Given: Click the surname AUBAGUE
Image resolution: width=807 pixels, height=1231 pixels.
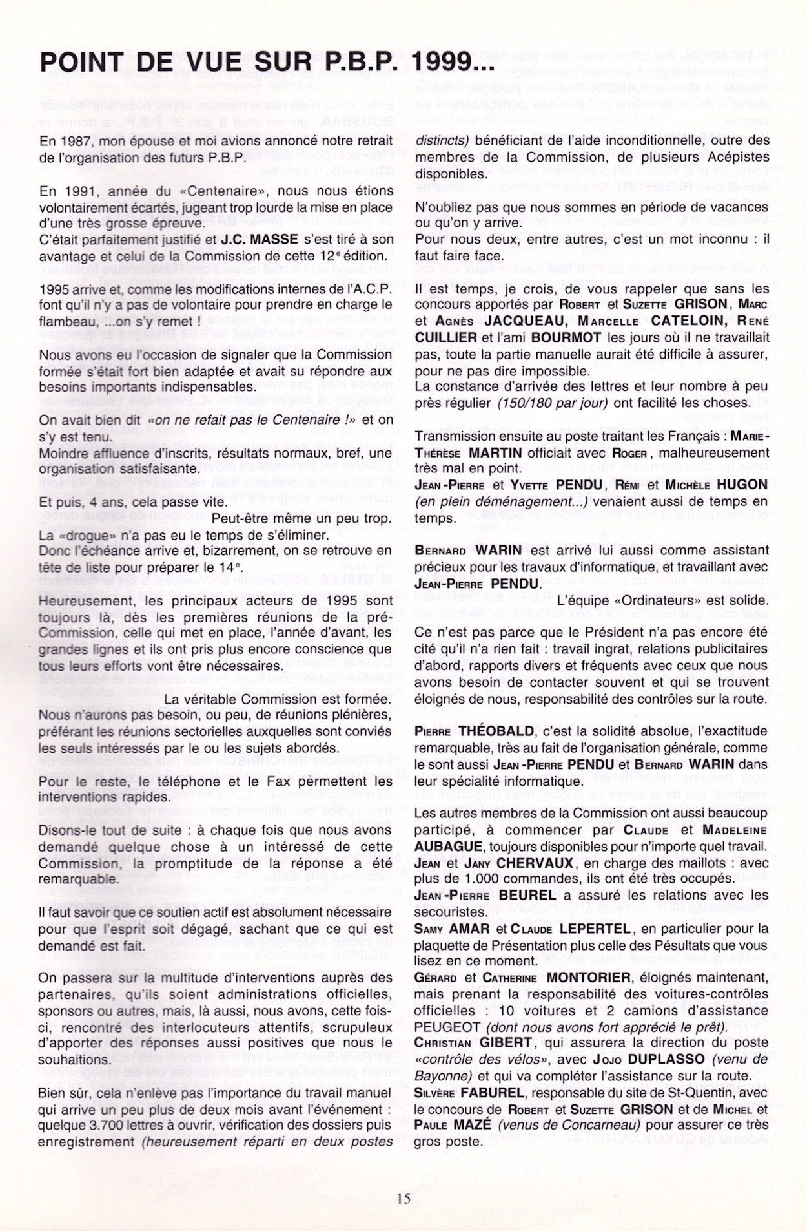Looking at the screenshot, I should pyautogui.click(x=447, y=847).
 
